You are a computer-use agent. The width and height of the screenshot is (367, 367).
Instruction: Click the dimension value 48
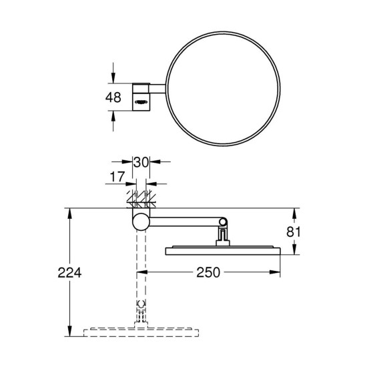pos(113,97)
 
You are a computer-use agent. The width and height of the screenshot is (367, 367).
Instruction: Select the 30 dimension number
pos(141,162)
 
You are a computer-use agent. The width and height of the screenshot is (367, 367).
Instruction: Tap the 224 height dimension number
pos(69,273)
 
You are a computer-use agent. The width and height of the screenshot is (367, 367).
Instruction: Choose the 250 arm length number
pos(208,273)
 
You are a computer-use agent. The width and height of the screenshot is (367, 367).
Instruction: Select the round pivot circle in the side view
pos(141,222)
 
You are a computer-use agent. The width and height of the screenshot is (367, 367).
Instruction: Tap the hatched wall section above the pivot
pos(141,200)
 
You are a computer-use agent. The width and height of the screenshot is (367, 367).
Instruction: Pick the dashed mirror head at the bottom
pos(141,330)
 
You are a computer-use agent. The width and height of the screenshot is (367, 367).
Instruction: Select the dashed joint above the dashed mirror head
pos(141,312)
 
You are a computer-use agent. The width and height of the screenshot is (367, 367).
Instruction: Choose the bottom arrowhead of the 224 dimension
pos(70,329)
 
